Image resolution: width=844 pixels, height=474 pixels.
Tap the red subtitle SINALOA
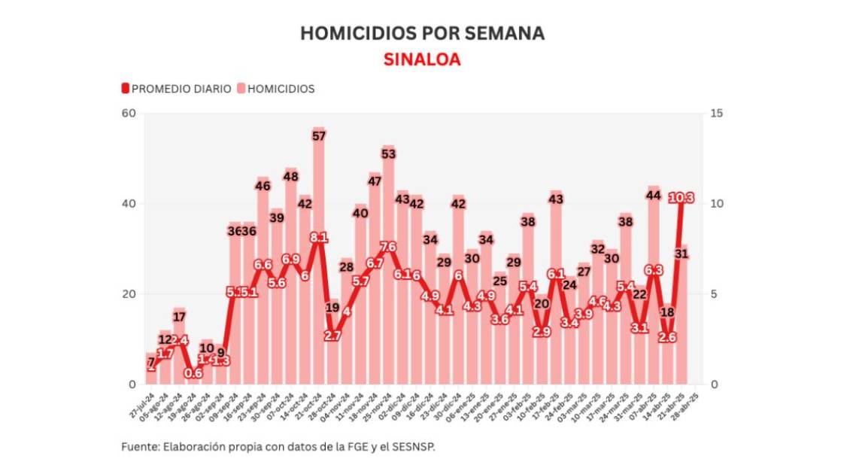[x=421, y=59]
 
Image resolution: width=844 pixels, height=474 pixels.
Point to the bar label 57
[x=319, y=136]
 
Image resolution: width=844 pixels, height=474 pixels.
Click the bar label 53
[x=388, y=153]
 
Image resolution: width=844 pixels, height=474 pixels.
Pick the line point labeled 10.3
[x=682, y=198]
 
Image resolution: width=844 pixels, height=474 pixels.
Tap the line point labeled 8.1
[x=319, y=238]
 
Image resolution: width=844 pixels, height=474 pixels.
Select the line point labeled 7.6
[x=388, y=247]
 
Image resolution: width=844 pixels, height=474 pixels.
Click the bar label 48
[x=291, y=177]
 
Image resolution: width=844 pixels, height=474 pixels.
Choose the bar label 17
[x=179, y=317]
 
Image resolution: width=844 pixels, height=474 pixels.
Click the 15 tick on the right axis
[x=716, y=114]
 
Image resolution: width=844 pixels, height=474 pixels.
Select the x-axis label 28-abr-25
[x=692, y=407]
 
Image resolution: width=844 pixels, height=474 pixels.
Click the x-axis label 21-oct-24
[x=317, y=407]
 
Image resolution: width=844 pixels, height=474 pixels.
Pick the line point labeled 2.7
[x=332, y=336]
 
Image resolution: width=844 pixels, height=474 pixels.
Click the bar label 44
[x=654, y=196]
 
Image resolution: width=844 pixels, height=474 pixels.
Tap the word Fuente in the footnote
[x=138, y=446]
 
